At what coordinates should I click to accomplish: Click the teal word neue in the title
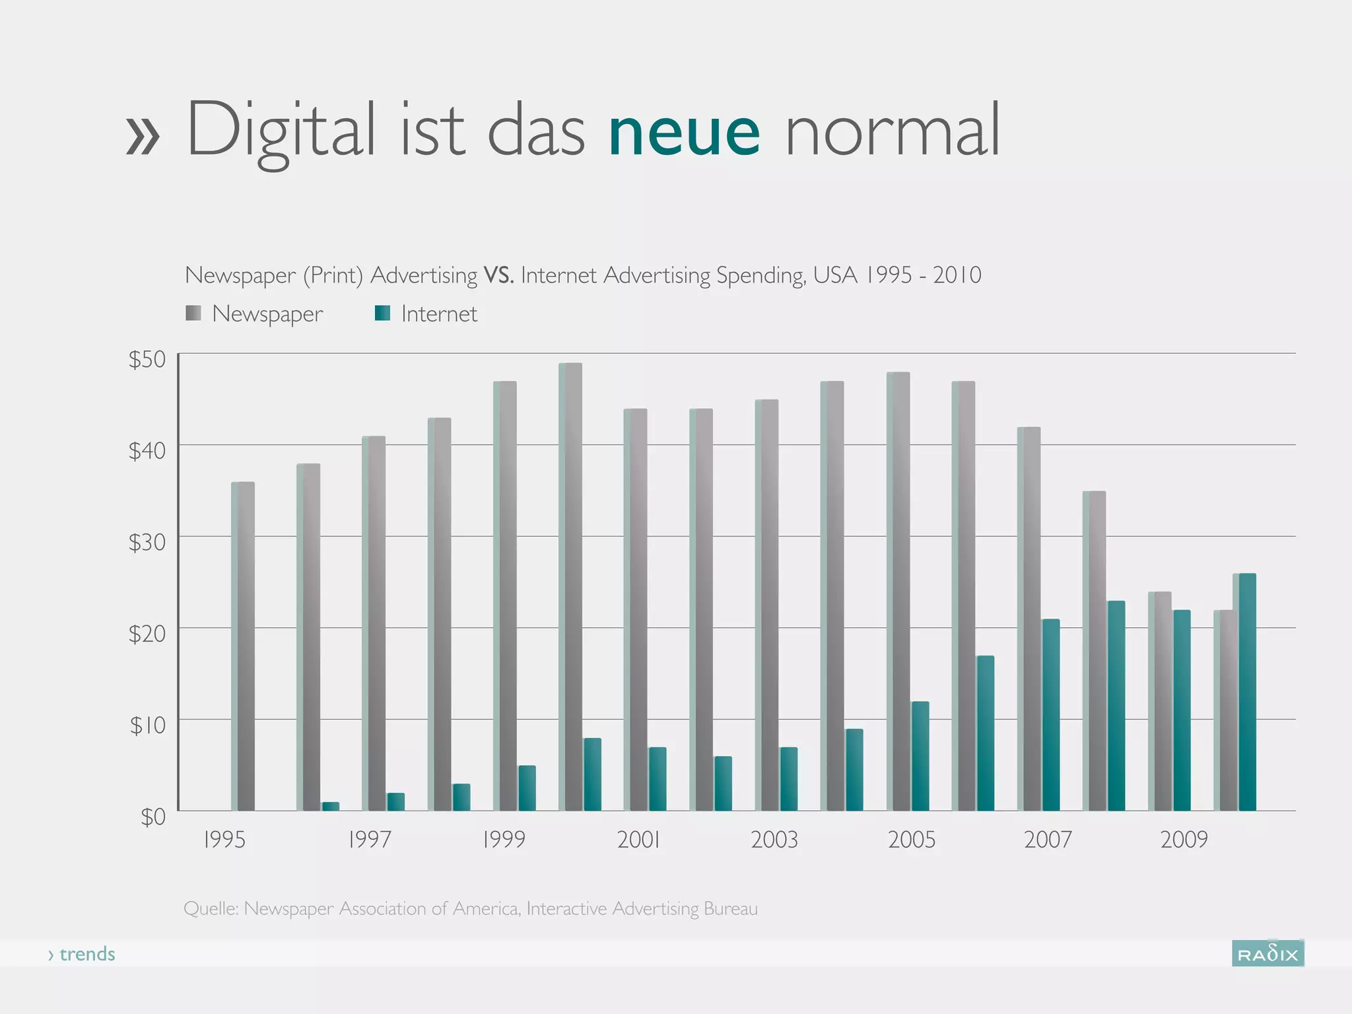684,132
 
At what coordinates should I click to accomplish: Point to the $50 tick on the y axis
147,359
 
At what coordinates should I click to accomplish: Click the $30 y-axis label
147,542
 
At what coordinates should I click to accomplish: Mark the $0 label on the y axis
152,817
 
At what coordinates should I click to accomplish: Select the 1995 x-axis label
224,840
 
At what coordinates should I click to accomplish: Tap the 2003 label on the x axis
774,840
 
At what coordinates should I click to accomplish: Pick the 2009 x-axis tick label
1184,840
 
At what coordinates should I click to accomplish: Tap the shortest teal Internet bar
330,806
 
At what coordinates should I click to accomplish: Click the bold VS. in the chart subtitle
498,275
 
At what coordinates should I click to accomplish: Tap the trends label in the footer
86,954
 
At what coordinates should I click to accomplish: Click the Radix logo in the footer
1267,954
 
